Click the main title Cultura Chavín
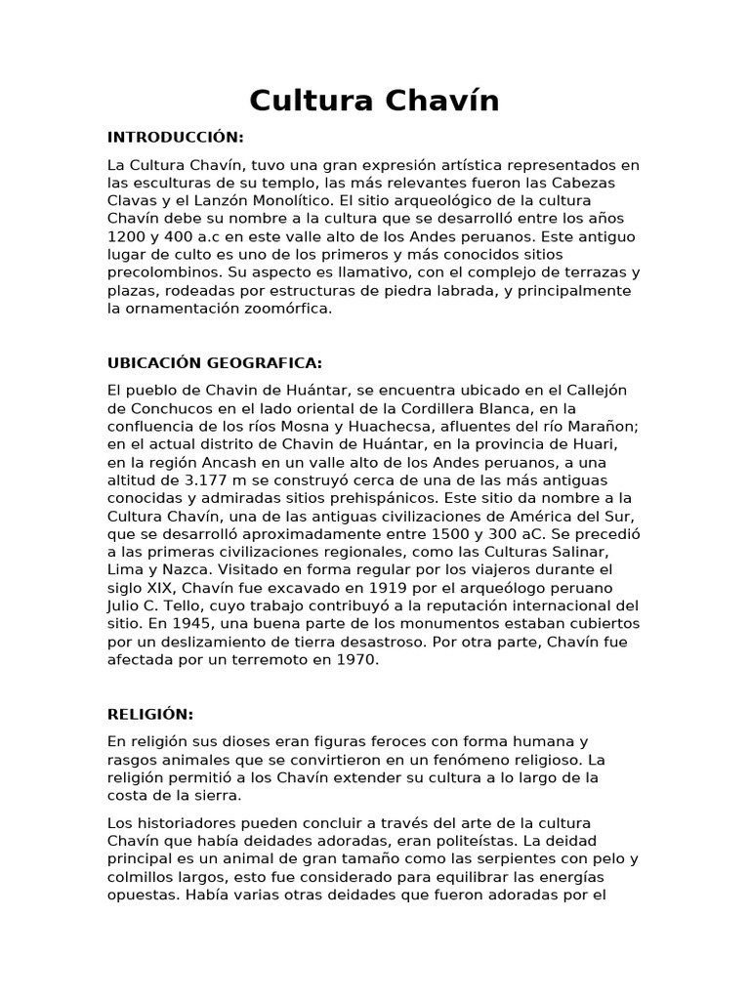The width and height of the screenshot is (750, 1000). pos(374,101)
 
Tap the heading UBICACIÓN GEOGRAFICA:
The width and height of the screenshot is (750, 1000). pos(215,362)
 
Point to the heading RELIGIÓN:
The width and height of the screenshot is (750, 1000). pos(150,714)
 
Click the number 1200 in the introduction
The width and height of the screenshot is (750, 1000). pos(128,236)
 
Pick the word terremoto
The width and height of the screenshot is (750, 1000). pos(264,660)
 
